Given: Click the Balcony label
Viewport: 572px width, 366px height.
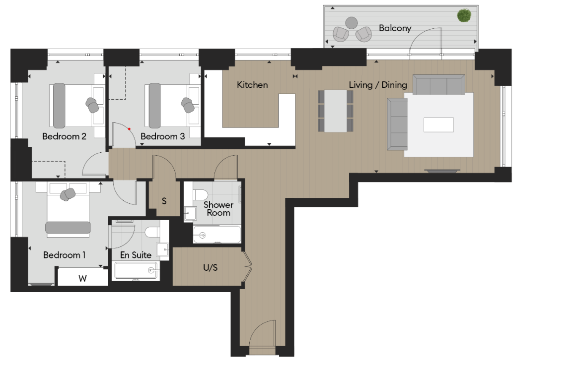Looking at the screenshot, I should pyautogui.click(x=395, y=28).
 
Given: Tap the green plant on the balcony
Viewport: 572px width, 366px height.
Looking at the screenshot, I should pyautogui.click(x=464, y=15).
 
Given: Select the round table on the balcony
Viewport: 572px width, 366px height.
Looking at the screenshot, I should pyautogui.click(x=352, y=22).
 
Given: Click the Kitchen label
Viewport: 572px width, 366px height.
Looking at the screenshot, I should pyautogui.click(x=252, y=85).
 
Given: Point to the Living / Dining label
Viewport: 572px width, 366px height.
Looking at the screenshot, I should pyautogui.click(x=378, y=85).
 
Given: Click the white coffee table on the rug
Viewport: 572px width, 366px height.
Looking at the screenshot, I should pyautogui.click(x=438, y=124).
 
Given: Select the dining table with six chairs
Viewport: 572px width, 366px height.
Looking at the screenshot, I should pyautogui.click(x=335, y=111).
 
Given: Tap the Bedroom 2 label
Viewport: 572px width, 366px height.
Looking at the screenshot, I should pyautogui.click(x=64, y=136).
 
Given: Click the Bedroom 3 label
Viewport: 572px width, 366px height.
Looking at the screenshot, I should pyautogui.click(x=162, y=136).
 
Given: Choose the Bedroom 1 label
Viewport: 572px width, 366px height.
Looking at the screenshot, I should pyautogui.click(x=65, y=255).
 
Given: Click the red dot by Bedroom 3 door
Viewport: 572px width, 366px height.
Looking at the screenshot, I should pyautogui.click(x=130, y=129).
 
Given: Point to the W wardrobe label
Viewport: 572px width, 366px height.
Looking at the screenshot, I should pyautogui.click(x=82, y=279).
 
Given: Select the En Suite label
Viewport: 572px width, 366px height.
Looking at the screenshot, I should pyautogui.click(x=136, y=255).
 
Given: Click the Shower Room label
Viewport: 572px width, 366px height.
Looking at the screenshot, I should pyautogui.click(x=218, y=208).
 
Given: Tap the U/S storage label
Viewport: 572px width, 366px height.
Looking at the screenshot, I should pyautogui.click(x=211, y=267).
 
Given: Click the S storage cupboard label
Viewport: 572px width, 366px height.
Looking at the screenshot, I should pyautogui.click(x=164, y=201).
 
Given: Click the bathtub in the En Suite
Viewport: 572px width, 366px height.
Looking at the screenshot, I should pyautogui.click(x=137, y=270).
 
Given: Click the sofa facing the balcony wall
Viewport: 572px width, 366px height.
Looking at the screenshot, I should pyautogui.click(x=439, y=85).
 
